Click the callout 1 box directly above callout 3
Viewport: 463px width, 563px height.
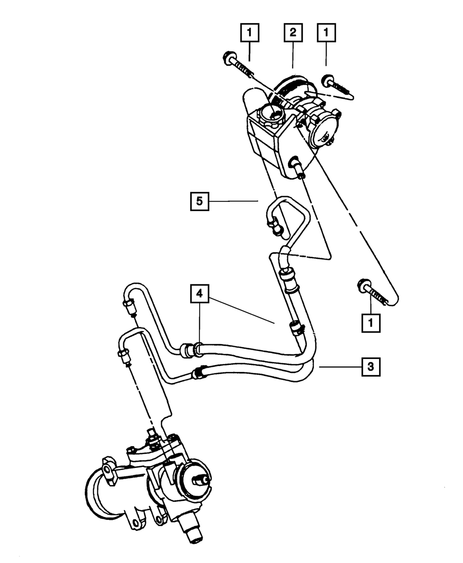[370, 322]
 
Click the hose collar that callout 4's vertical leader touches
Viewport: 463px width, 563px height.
[198, 349]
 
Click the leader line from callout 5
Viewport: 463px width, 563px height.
[234, 201]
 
